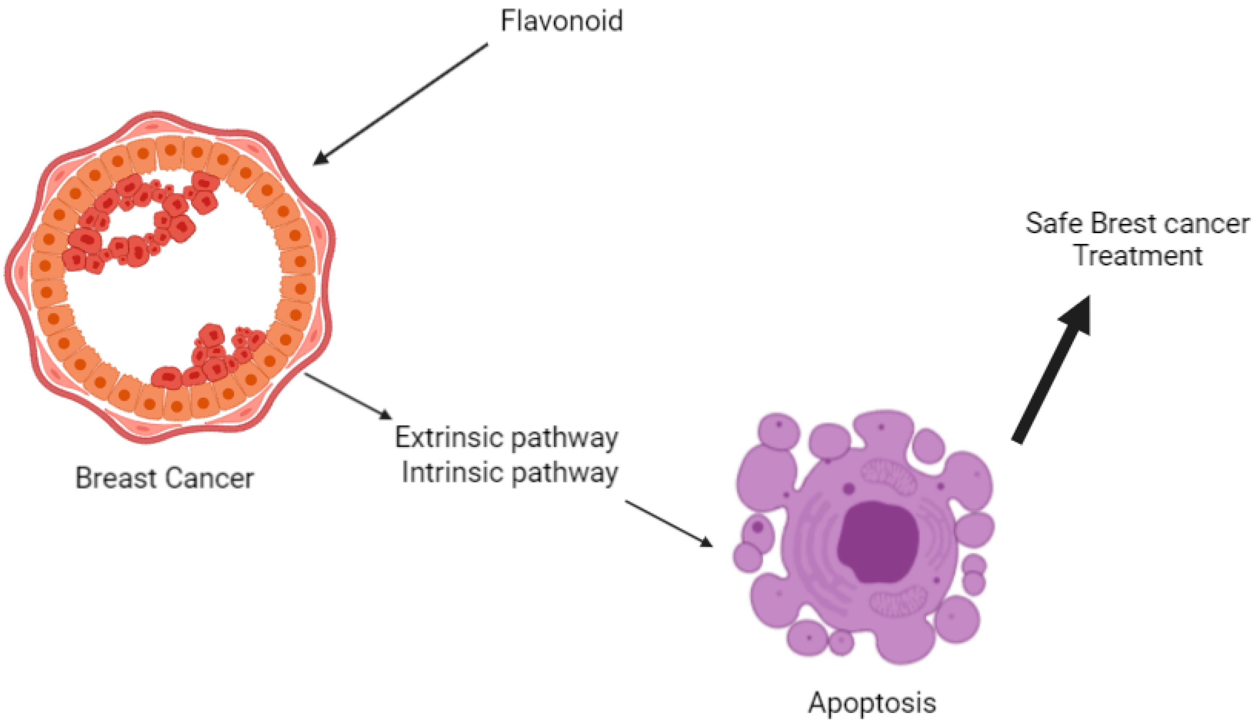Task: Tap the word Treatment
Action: pos(1138,256)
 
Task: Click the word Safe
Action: pos(1054,223)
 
